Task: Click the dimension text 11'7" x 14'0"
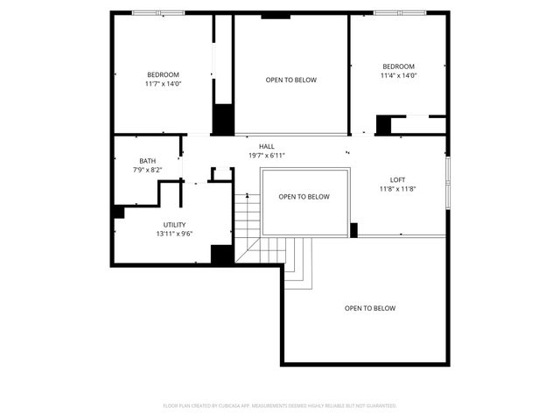click(163, 84)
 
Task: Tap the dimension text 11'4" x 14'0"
click(398, 76)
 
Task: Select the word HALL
click(266, 146)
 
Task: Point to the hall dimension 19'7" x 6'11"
click(266, 155)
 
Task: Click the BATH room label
click(147, 161)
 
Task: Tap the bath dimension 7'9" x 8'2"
click(147, 170)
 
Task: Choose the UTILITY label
click(174, 225)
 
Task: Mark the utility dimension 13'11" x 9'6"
click(174, 234)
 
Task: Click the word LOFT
click(397, 179)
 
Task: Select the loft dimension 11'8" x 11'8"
click(397, 189)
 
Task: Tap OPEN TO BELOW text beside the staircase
click(304, 197)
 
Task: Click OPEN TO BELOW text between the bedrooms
click(290, 80)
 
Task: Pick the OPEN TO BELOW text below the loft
click(369, 308)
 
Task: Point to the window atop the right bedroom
click(401, 12)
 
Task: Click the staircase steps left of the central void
click(249, 219)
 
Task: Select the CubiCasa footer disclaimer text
click(280, 406)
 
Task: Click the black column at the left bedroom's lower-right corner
click(223, 119)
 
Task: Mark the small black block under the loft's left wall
click(354, 230)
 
